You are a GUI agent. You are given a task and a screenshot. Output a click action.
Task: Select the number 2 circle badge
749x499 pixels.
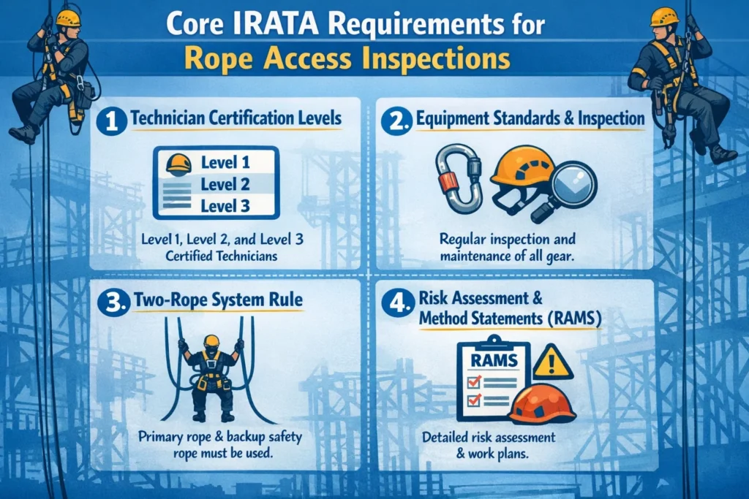(x=396, y=120)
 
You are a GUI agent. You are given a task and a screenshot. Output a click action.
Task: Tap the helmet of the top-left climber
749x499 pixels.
(x=67, y=18)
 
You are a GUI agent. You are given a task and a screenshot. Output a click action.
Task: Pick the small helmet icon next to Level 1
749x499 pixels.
(x=178, y=164)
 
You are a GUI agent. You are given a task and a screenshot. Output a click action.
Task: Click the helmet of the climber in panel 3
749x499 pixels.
(x=211, y=340)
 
